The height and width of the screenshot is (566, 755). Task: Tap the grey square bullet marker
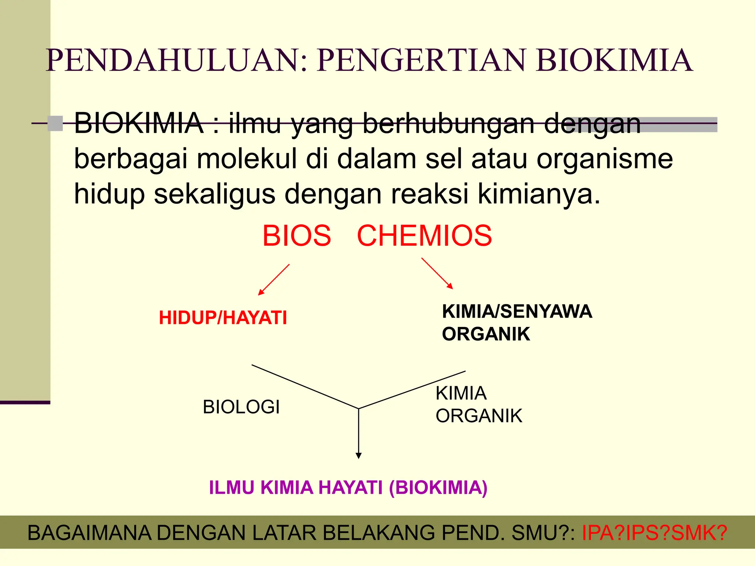pyautogui.click(x=55, y=123)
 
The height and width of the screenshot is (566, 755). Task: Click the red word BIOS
pyautogui.click(x=297, y=236)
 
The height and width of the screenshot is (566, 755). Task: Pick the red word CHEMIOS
pyautogui.click(x=424, y=236)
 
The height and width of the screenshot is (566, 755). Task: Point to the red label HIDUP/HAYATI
pyautogui.click(x=223, y=318)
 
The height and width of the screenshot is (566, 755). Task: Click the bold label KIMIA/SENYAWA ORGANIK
pyautogui.click(x=516, y=322)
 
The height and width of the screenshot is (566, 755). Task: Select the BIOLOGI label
pyautogui.click(x=241, y=407)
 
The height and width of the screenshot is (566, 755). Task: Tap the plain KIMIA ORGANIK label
pyautogui.click(x=479, y=404)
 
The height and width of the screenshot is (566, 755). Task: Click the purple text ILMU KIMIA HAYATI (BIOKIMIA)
pyautogui.click(x=348, y=488)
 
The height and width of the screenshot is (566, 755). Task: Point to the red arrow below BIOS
pyautogui.click(x=274, y=279)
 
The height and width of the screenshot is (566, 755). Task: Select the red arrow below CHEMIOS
pyautogui.click(x=437, y=273)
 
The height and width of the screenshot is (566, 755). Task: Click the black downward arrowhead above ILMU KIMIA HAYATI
pyautogui.click(x=358, y=455)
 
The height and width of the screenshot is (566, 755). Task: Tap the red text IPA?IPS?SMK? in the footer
pyautogui.click(x=654, y=533)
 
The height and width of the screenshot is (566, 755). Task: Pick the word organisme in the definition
pyautogui.click(x=605, y=159)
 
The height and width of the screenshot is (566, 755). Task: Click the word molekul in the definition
pyautogui.click(x=247, y=159)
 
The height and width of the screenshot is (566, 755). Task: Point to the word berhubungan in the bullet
pyautogui.click(x=449, y=123)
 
